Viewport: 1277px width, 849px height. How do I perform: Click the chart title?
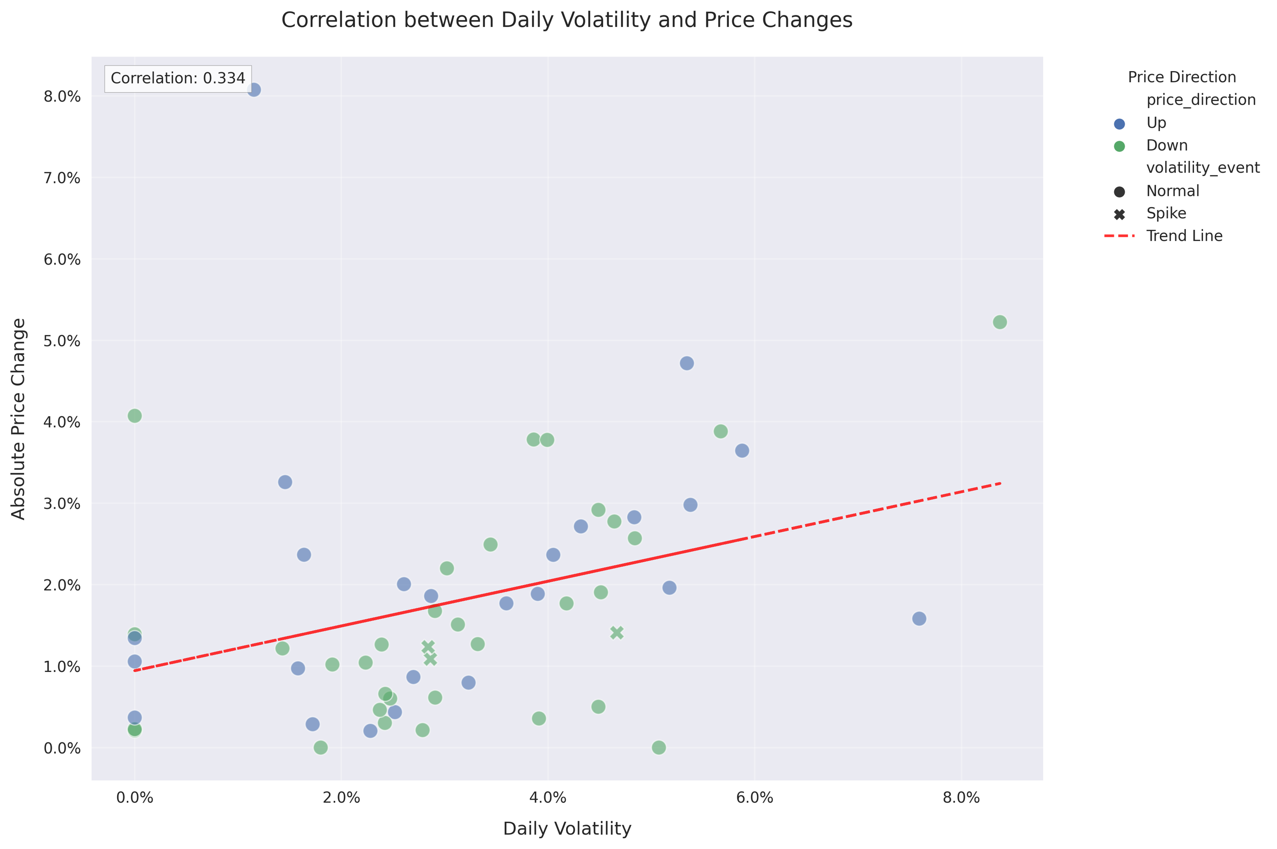(567, 20)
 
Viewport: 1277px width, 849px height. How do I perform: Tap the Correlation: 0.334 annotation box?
(178, 78)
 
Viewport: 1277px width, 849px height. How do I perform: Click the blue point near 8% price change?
(254, 90)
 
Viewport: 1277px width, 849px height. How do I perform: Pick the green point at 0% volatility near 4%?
(135, 416)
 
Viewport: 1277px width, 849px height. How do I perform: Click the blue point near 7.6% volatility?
(919, 618)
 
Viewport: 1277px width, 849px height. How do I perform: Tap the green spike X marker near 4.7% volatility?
(617, 633)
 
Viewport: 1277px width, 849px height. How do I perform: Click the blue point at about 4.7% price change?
(687, 363)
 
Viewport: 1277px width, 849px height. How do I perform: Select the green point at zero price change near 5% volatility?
(659, 747)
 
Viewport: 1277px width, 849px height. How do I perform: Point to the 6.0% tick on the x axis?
(754, 798)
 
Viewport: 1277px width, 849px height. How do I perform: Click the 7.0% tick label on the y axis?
(62, 178)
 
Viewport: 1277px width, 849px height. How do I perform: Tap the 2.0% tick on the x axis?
(341, 798)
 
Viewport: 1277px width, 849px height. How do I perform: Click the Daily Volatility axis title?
(567, 829)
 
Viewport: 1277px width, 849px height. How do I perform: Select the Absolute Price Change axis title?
(18, 419)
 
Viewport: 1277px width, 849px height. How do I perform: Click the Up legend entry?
(1156, 123)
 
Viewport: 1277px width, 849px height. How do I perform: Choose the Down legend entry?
(1166, 146)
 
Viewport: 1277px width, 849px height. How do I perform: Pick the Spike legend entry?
(1165, 213)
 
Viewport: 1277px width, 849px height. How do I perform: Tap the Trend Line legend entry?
(1184, 236)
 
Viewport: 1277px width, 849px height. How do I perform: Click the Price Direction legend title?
(1182, 77)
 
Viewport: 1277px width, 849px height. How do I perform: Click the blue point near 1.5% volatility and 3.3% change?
(285, 482)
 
